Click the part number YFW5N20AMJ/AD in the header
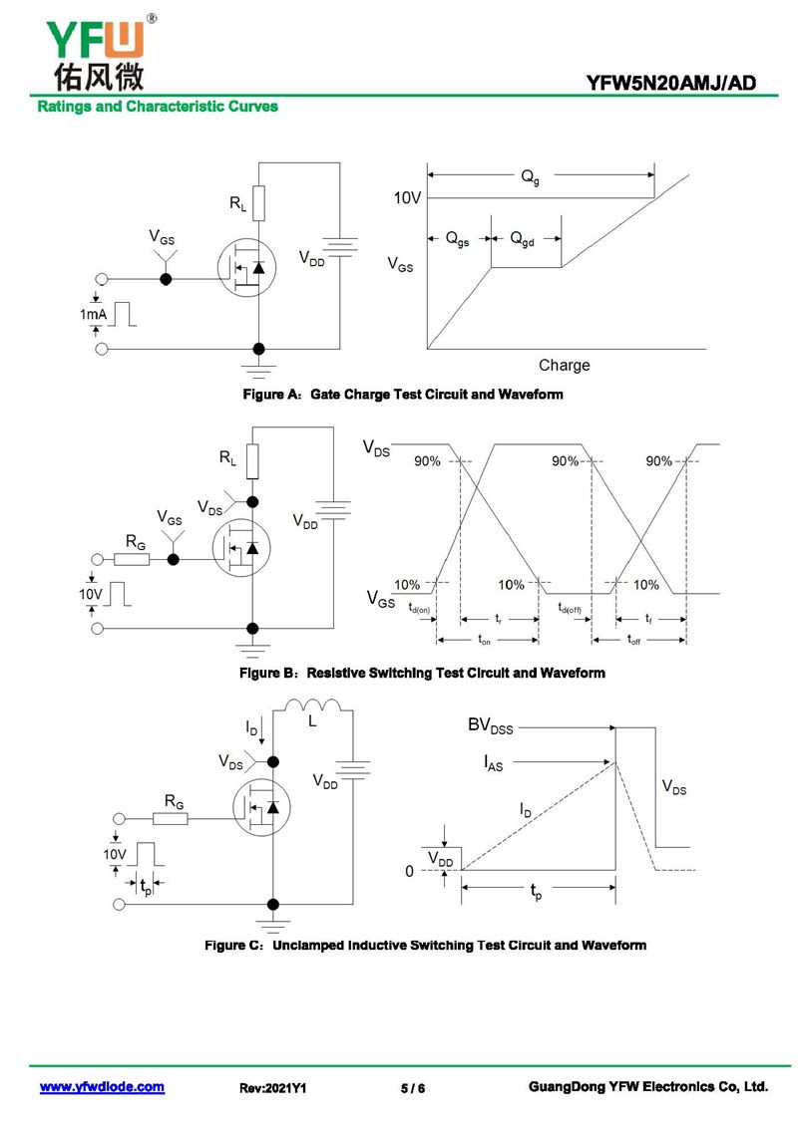coord(670,84)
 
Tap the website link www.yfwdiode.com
coord(102,1087)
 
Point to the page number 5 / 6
coord(413,1088)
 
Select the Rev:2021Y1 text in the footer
coord(272,1088)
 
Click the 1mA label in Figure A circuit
coord(93,314)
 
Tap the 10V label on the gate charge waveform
coord(407,197)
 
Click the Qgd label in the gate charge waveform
coord(523,238)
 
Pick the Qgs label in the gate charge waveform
coord(458,238)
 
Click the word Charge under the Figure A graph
coord(565,365)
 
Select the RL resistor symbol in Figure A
coord(258,202)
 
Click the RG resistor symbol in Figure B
coord(132,559)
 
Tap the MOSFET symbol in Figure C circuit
coord(262,807)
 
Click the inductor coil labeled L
coord(312,705)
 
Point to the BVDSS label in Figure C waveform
coord(490,725)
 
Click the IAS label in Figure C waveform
coord(493,762)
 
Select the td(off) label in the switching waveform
coord(570,608)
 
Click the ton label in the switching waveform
coord(484,639)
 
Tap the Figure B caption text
coord(422,673)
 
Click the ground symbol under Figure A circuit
coord(258,370)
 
